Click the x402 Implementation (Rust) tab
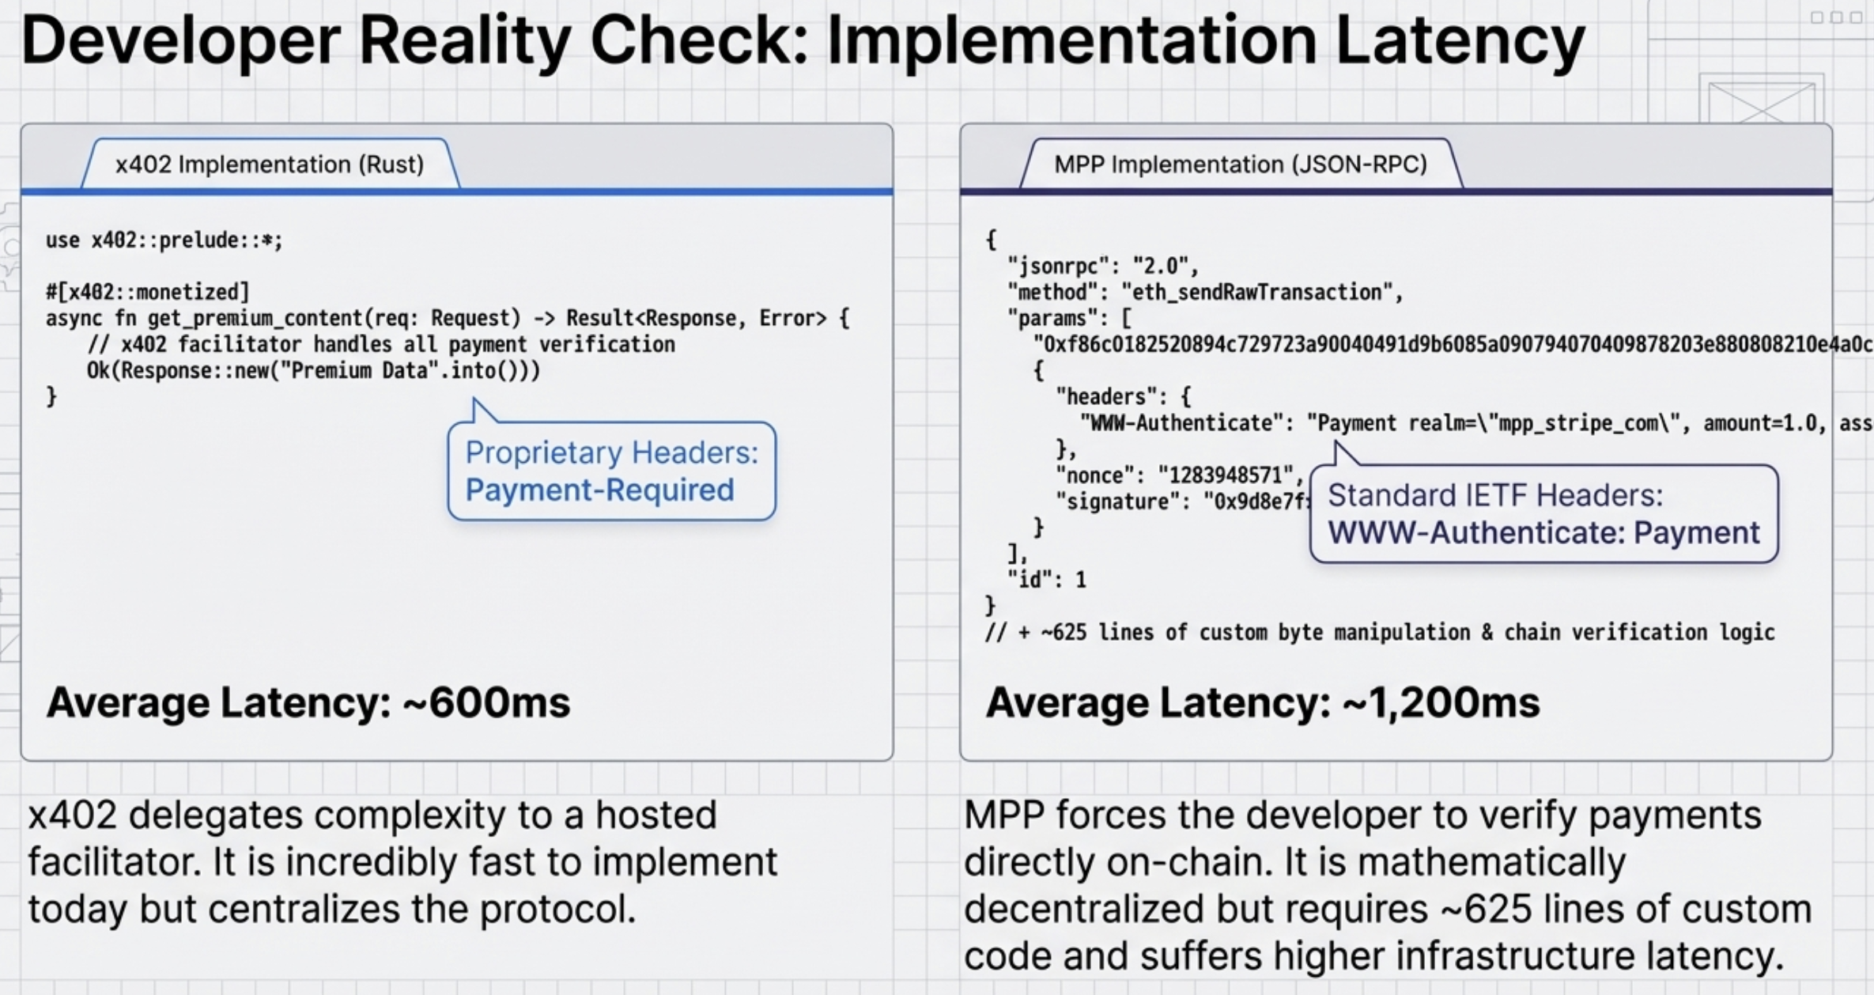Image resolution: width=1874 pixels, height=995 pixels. point(270,165)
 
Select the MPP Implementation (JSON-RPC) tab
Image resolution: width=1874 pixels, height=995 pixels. point(1240,165)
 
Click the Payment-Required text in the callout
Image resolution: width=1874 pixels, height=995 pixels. point(599,490)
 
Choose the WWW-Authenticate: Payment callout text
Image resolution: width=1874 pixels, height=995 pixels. point(1543,532)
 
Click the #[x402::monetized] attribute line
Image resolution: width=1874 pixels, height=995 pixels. point(147,292)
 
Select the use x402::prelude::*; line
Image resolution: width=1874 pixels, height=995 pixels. point(164,240)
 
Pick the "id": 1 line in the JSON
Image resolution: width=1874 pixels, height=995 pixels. point(1046,580)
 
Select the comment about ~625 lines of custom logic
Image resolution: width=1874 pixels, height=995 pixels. point(1379,632)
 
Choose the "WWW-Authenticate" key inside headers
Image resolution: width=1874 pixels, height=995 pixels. point(1181,423)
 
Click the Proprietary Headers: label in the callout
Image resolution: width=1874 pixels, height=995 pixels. point(611,452)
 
